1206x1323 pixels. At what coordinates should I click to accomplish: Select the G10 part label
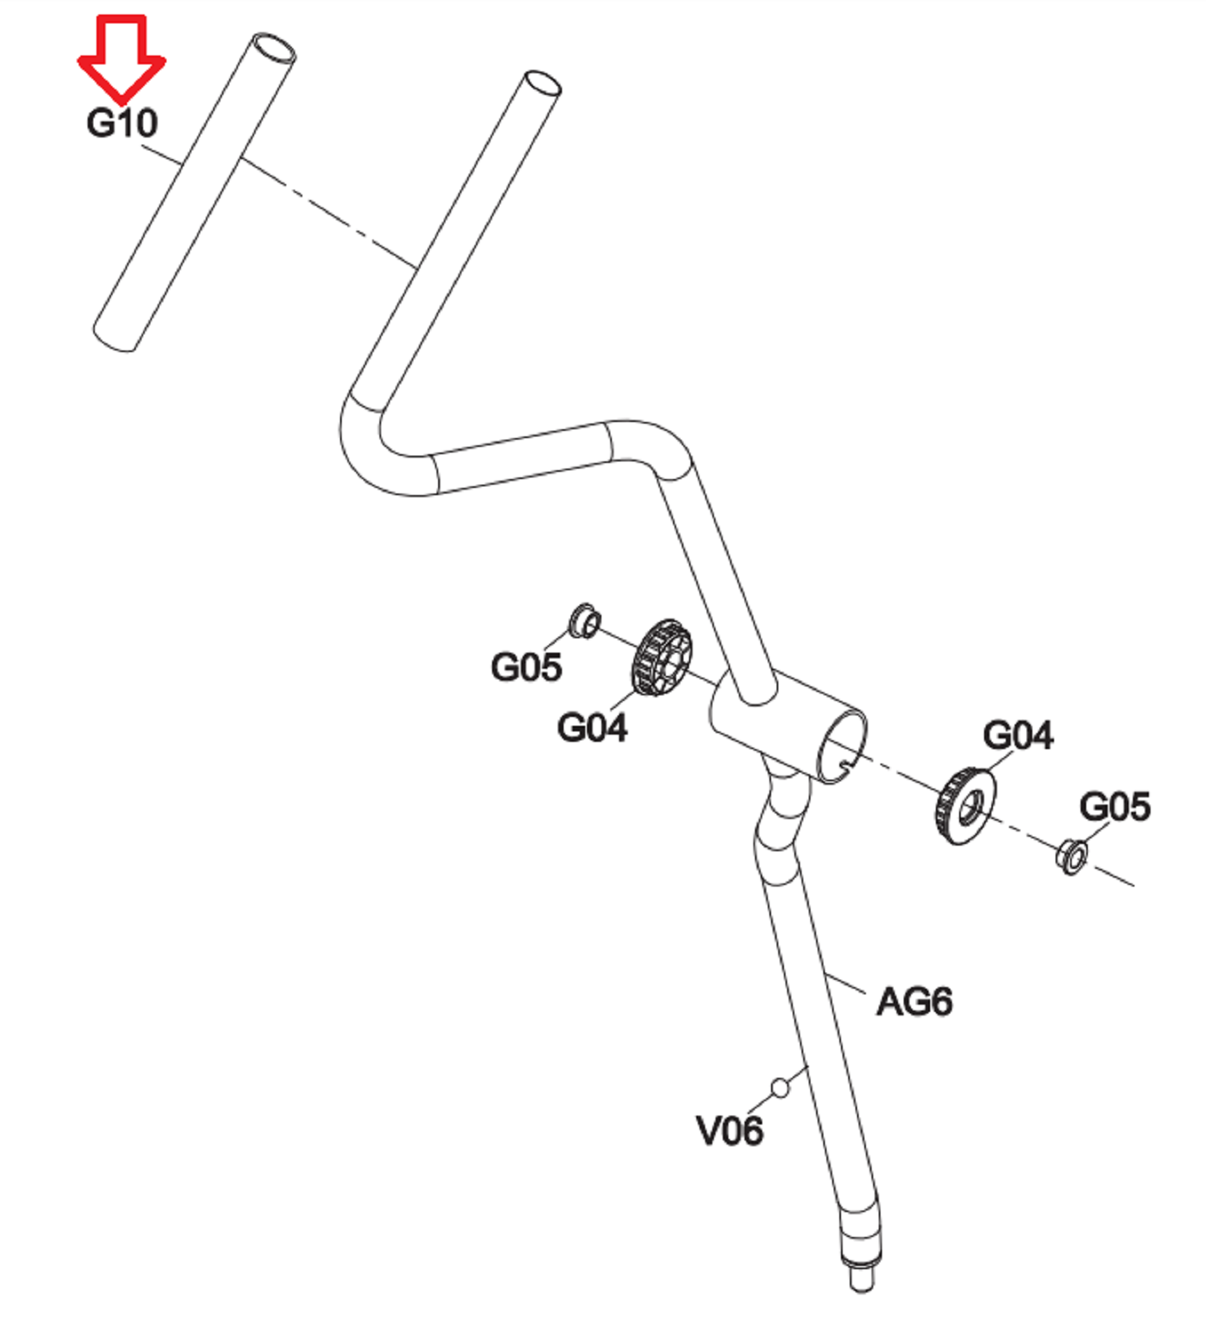(x=122, y=124)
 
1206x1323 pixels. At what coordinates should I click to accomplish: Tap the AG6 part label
(x=914, y=1001)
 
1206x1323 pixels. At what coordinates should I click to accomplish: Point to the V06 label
(x=729, y=1131)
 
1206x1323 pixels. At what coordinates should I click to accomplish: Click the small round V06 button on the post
(x=779, y=1087)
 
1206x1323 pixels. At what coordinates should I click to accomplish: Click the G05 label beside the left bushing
(x=526, y=667)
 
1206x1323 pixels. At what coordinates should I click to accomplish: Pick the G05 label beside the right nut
(x=1114, y=806)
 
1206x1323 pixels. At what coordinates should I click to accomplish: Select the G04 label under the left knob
(x=592, y=728)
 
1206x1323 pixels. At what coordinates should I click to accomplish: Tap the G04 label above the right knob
(x=1017, y=735)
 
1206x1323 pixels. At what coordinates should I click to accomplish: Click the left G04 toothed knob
(x=662, y=657)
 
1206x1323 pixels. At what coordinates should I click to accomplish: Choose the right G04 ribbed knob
(x=966, y=806)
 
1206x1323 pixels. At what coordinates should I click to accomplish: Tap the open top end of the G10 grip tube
(x=274, y=49)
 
